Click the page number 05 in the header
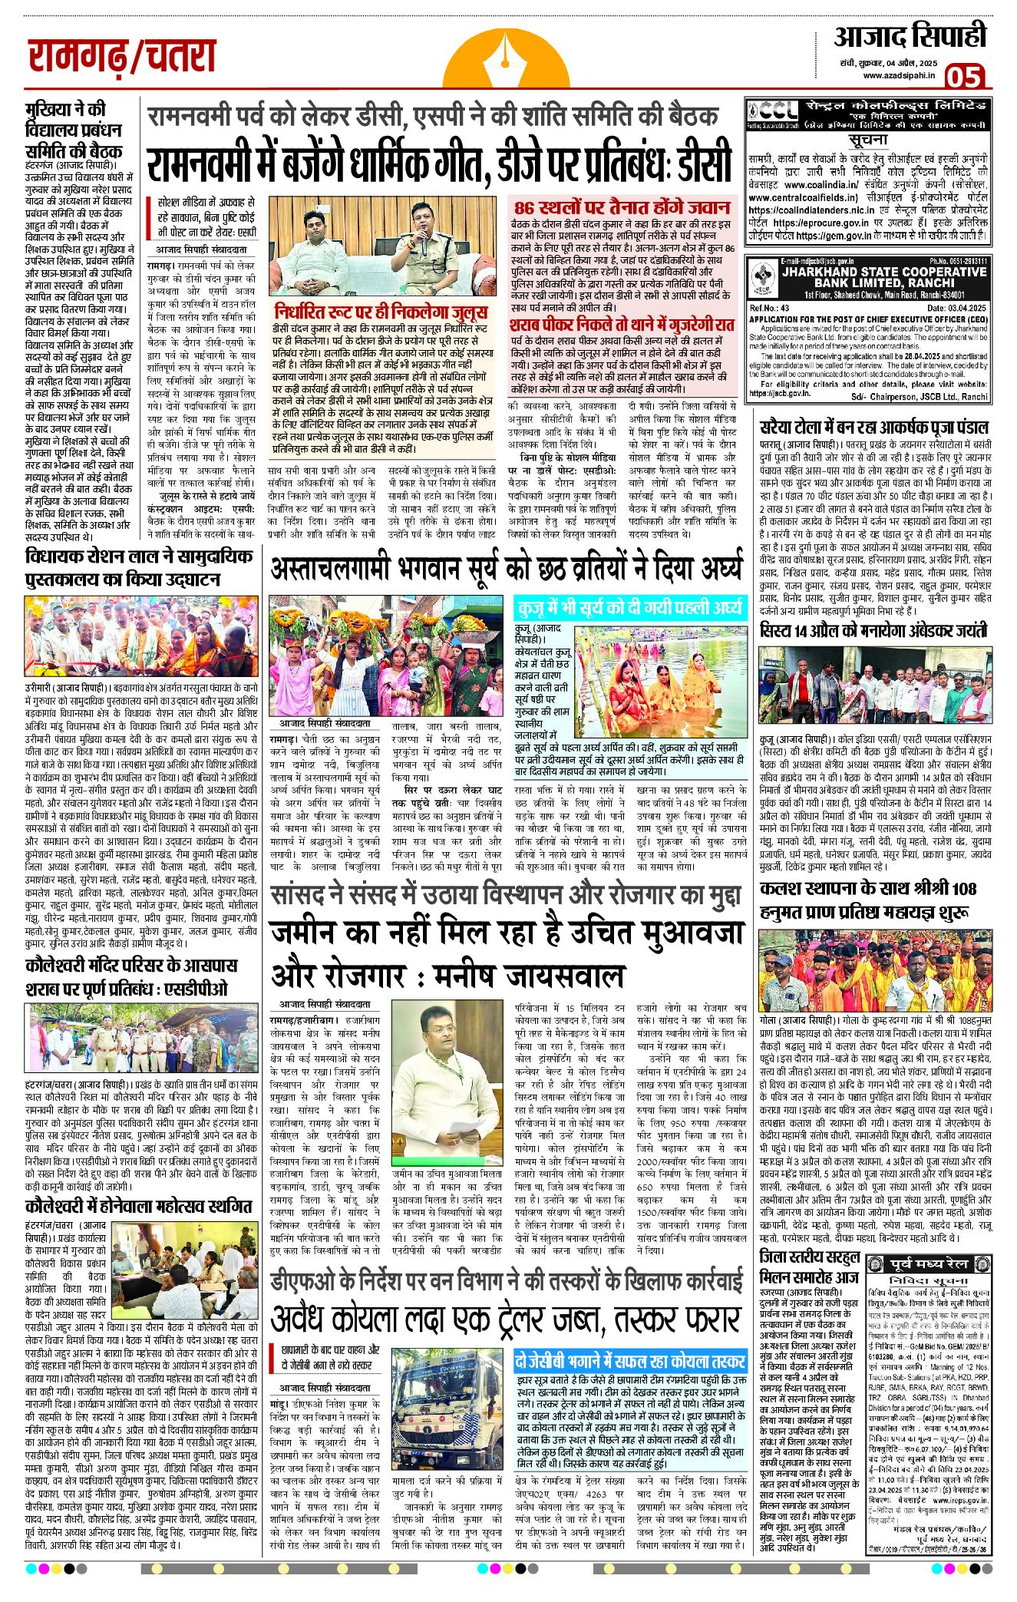[x=964, y=77]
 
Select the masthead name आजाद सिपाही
[x=910, y=35]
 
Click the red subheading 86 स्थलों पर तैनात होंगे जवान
[x=622, y=207]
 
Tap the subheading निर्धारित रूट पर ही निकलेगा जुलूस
[x=381, y=312]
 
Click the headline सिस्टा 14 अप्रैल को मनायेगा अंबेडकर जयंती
[x=873, y=631]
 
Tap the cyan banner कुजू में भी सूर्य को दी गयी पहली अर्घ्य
[x=629, y=608]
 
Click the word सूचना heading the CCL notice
[x=868, y=140]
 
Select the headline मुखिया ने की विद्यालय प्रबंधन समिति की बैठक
[x=73, y=130]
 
